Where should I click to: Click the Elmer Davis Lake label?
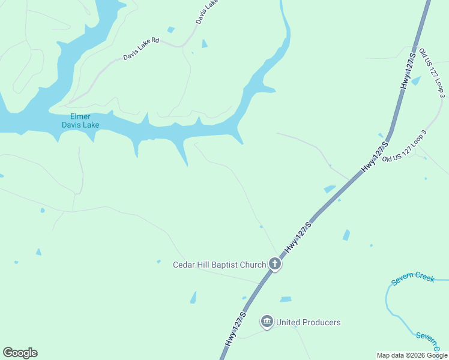[80, 121]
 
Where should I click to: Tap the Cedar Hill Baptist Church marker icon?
[275, 264]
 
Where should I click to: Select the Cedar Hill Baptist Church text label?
[219, 265]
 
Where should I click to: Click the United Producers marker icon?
[267, 322]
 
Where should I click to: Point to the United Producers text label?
[308, 323]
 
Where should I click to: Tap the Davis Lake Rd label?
[141, 49]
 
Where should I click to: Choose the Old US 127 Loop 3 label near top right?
[432, 73]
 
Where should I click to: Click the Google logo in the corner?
[20, 353]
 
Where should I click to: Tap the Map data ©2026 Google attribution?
[412, 355]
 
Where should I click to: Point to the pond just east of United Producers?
[286, 299]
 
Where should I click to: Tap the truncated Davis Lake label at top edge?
[206, 13]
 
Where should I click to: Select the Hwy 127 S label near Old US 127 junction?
[376, 157]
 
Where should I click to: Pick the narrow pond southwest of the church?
[193, 297]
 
